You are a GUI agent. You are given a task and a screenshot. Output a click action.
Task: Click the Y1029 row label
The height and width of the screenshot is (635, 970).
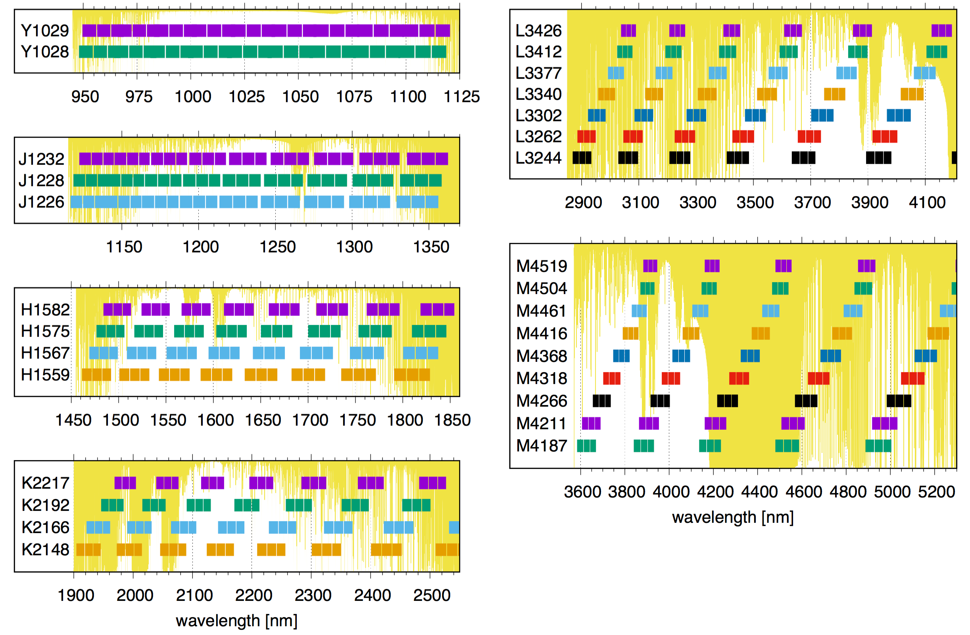pyautogui.click(x=45, y=31)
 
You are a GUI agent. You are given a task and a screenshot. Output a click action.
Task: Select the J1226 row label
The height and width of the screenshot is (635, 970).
pyautogui.click(x=42, y=202)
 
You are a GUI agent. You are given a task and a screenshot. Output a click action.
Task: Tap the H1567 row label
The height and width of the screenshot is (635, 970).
pyautogui.click(x=45, y=353)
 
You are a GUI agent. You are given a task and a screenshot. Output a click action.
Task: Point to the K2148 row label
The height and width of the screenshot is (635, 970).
pyautogui.click(x=45, y=549)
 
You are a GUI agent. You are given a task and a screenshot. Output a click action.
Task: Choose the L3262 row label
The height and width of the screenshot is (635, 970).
pyautogui.click(x=538, y=136)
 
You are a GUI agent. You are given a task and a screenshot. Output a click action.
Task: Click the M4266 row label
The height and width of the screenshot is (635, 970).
pyautogui.click(x=542, y=401)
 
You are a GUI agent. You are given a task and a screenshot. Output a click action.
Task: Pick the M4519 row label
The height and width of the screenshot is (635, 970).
pyautogui.click(x=542, y=266)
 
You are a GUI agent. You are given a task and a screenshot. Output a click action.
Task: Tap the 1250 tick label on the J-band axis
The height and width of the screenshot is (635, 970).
pyautogui.click(x=278, y=247)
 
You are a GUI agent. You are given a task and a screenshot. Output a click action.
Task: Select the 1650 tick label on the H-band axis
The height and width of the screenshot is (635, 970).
pyautogui.click(x=263, y=420)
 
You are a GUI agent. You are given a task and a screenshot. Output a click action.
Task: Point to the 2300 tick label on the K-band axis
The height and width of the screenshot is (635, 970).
pyautogui.click(x=313, y=595)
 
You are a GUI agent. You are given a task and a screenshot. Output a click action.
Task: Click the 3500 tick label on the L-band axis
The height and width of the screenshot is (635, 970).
pyautogui.click(x=755, y=203)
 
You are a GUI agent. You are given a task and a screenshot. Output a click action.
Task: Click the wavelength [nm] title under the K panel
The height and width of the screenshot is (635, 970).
pyautogui.click(x=236, y=621)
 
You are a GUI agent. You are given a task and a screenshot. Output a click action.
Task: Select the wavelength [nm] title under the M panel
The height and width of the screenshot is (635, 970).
pyautogui.click(x=732, y=517)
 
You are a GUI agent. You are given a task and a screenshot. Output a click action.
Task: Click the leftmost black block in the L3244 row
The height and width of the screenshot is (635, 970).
pyautogui.click(x=582, y=158)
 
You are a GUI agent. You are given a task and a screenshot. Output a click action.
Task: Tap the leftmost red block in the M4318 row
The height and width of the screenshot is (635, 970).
pyautogui.click(x=611, y=379)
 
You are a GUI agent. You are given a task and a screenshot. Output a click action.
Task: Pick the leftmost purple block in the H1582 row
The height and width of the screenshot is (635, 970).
pyautogui.click(x=117, y=310)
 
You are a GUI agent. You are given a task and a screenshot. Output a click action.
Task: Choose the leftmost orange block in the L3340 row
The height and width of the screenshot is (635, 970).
pyautogui.click(x=607, y=94)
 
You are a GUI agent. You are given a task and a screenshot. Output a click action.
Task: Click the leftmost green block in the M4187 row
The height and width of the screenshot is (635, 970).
pyautogui.click(x=586, y=446)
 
